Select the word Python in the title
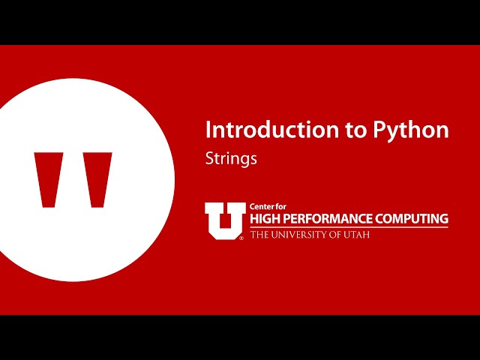[411, 130]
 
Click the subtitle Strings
[231, 159]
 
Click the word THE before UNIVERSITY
[259, 235]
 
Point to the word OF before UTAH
[338, 235]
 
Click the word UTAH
[358, 235]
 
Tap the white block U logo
[224, 220]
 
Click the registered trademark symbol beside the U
[241, 238]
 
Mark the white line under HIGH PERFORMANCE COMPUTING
[349, 227]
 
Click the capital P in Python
[379, 130]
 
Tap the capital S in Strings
[210, 159]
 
